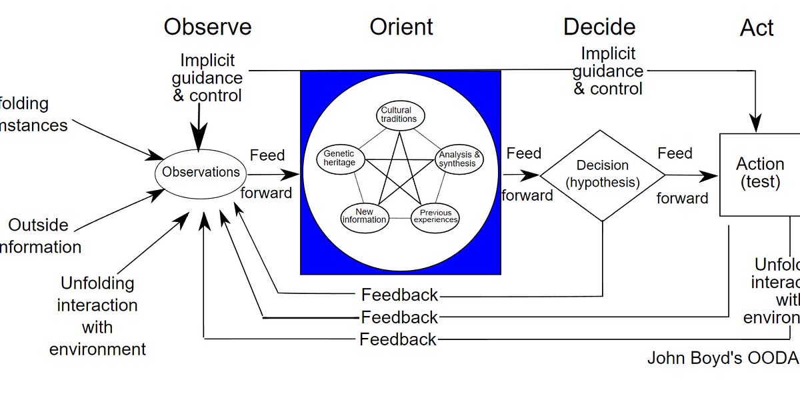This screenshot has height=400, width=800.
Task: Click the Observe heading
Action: coord(207,27)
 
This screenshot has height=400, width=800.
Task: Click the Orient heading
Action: coord(401,27)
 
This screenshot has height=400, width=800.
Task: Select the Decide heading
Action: coord(599,27)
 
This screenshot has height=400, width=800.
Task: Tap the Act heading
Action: coord(757,28)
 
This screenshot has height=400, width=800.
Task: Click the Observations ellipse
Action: coord(201,172)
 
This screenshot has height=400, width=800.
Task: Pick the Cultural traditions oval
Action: coord(399,115)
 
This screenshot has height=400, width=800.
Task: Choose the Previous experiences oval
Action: coord(435,217)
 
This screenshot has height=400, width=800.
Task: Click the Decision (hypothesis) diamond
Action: coord(603,174)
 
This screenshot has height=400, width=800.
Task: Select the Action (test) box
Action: coord(759,173)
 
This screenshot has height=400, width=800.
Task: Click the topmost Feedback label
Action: coord(399,295)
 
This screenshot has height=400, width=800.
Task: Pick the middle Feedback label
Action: coord(399,317)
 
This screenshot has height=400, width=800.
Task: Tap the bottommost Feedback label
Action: coord(398,339)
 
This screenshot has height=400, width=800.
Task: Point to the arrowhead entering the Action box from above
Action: coord(755,126)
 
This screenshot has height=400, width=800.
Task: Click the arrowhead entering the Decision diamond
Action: coord(533,175)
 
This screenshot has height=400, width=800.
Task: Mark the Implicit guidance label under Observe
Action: coord(207,79)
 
